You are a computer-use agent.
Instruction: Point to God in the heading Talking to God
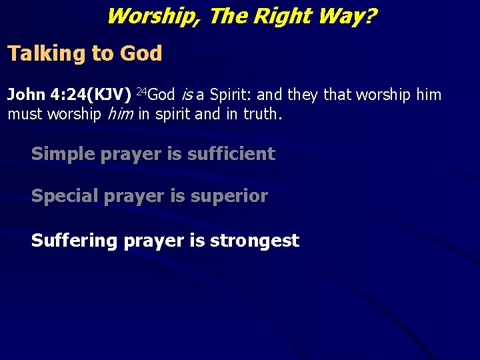tap(141, 54)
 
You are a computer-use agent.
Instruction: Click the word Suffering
tap(74, 241)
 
